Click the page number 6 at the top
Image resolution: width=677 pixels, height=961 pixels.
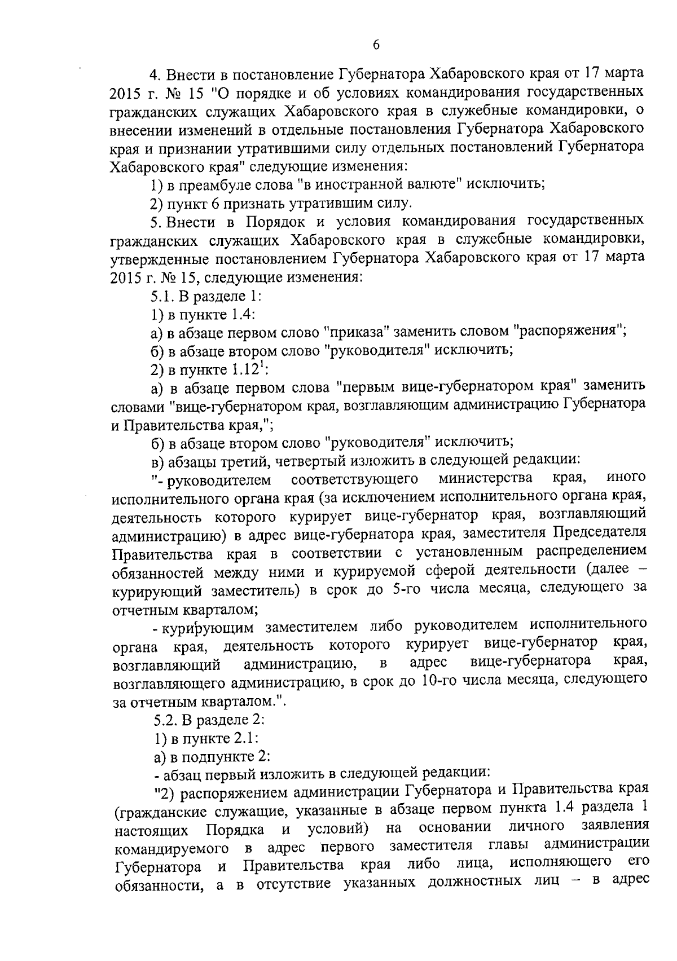(x=376, y=46)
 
